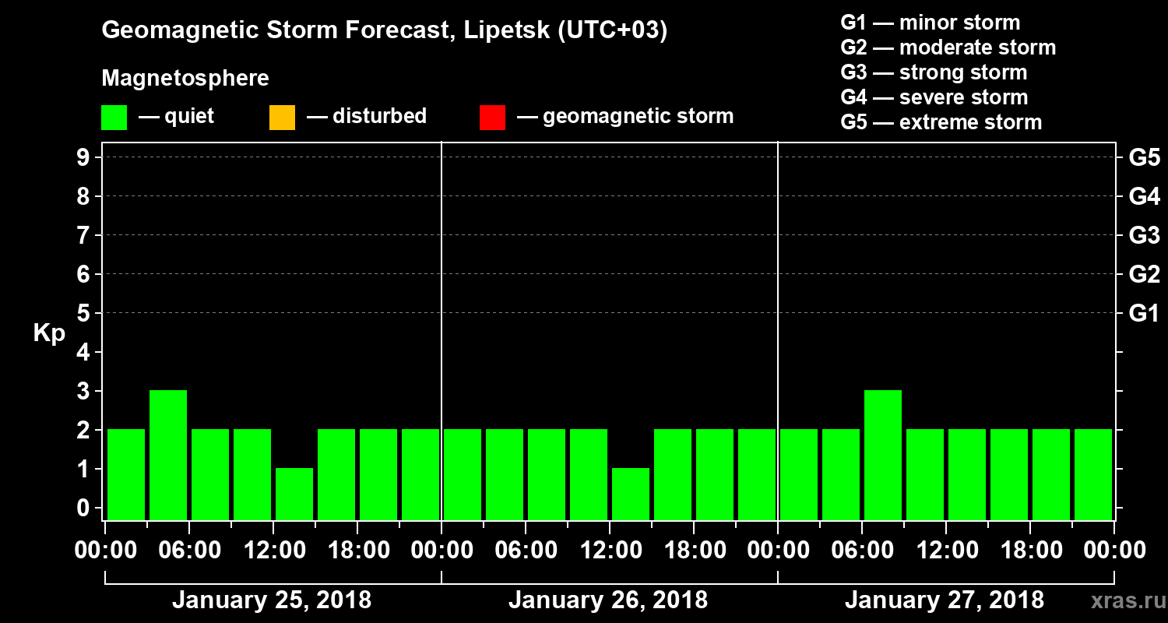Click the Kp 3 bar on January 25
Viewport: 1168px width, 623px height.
pyautogui.click(x=168, y=455)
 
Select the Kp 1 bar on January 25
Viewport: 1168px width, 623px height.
pyautogui.click(x=294, y=494)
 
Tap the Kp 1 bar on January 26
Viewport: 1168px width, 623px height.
pyautogui.click(x=631, y=494)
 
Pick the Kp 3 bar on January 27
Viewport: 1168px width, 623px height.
pyautogui.click(x=883, y=455)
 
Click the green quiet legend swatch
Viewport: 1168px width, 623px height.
pyautogui.click(x=114, y=118)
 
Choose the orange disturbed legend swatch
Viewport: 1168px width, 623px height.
pyautogui.click(x=282, y=118)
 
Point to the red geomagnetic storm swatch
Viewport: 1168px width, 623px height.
pyautogui.click(x=492, y=118)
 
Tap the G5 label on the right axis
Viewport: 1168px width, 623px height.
pyautogui.click(x=1144, y=158)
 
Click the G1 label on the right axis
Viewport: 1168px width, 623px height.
pyautogui.click(x=1144, y=314)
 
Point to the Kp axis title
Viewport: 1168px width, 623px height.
pyautogui.click(x=49, y=333)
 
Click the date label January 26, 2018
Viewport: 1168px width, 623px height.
pyautogui.click(x=608, y=600)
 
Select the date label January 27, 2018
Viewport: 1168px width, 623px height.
pyautogui.click(x=945, y=600)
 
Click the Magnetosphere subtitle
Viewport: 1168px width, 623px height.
pyautogui.click(x=185, y=79)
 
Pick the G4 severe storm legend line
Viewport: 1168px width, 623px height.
pyautogui.click(x=934, y=97)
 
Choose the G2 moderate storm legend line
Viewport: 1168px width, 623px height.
pyautogui.click(x=948, y=48)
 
